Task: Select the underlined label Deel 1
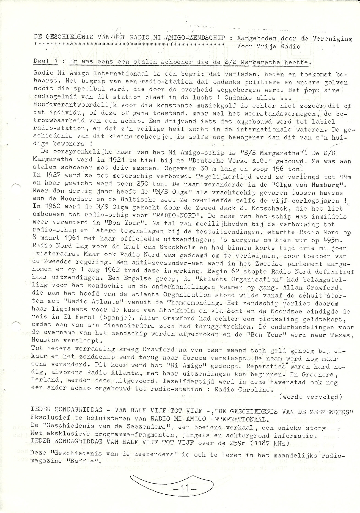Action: tap(45, 62)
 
